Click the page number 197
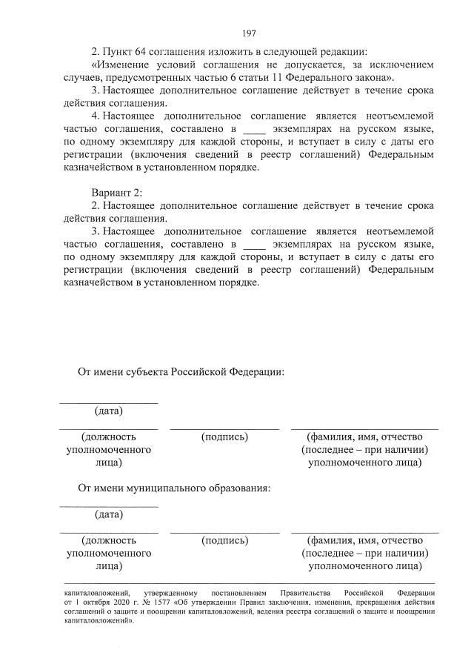pyautogui.click(x=249, y=33)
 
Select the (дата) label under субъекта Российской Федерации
pyautogui.click(x=109, y=411)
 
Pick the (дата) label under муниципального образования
pyautogui.click(x=109, y=514)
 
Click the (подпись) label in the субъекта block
pyautogui.click(x=224, y=437)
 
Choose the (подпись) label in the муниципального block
pyautogui.click(x=224, y=540)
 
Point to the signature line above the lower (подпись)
pyautogui.click(x=224, y=532)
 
